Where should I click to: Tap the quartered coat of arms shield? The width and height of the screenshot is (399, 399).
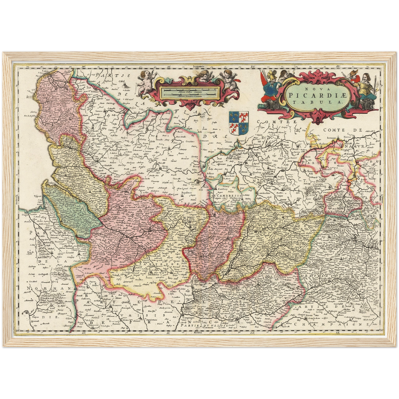pyautogui.click(x=239, y=123)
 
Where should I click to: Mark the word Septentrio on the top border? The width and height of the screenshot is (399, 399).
pyautogui.click(x=199, y=67)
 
